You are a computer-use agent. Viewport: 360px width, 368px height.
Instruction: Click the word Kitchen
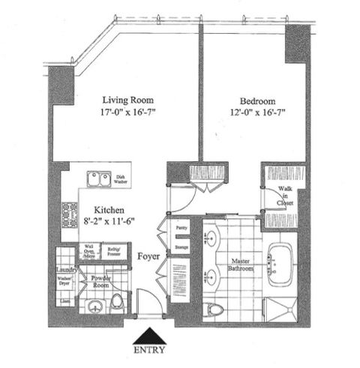(x=109, y=211)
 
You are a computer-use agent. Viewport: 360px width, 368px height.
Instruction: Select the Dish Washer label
(x=120, y=178)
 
